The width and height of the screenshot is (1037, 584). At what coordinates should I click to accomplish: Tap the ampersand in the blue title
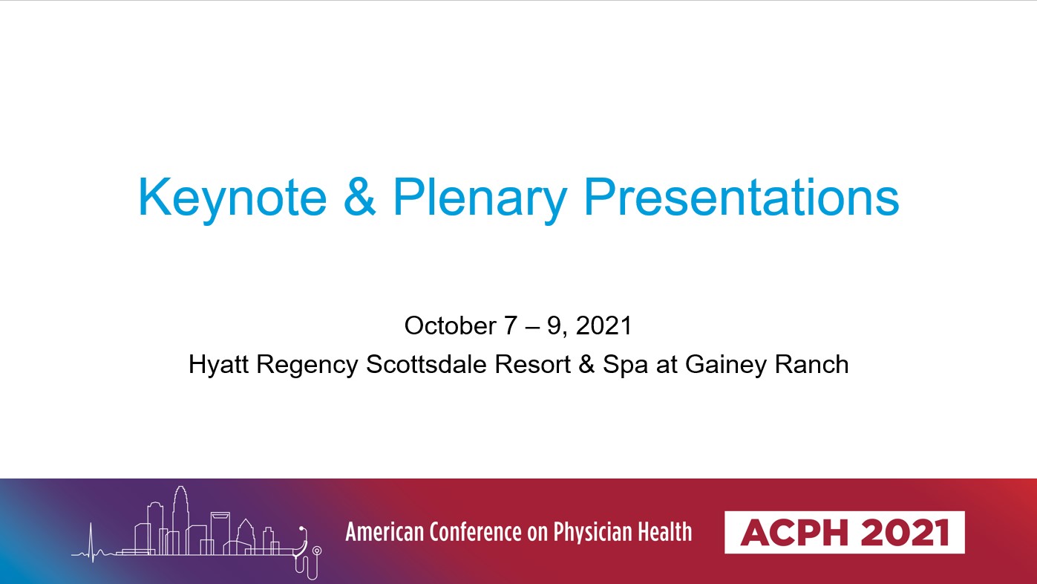(360, 196)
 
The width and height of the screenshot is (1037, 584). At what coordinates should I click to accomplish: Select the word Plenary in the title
(480, 198)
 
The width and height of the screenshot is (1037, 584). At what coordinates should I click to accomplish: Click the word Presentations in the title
(741, 196)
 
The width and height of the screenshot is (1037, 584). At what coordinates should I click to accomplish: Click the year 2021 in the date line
(603, 325)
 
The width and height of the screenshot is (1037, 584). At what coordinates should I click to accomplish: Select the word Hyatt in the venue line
(218, 364)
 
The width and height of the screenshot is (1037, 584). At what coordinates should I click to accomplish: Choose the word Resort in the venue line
(532, 364)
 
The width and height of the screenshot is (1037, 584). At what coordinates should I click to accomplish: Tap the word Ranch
(811, 364)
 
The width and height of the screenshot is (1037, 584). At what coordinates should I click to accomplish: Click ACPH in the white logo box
(794, 533)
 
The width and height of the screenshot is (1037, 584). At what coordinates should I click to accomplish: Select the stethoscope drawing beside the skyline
(307, 553)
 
